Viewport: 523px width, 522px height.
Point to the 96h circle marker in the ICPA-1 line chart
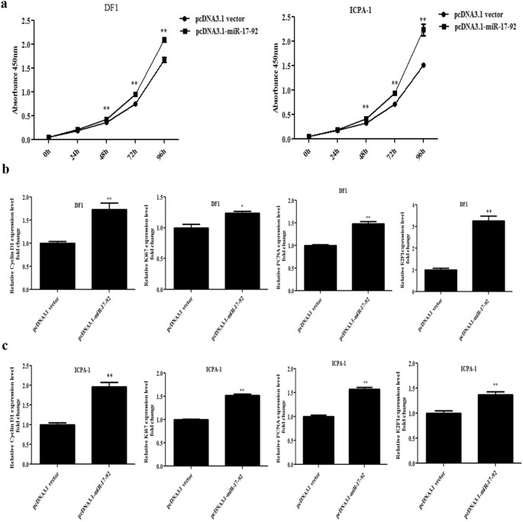point(422,65)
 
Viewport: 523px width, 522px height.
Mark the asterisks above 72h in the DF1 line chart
point(134,84)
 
